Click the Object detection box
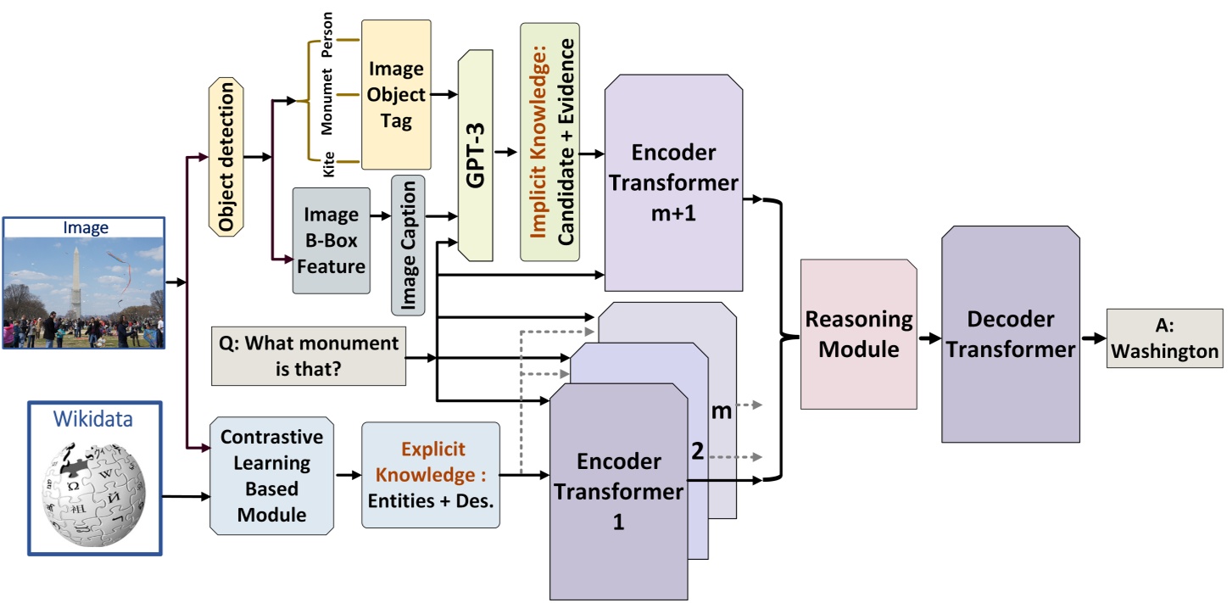[226, 158]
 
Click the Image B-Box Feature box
[332, 241]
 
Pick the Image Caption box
[408, 245]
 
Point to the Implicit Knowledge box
[549, 142]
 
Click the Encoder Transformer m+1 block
[673, 182]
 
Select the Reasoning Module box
[858, 334]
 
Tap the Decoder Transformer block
[1010, 333]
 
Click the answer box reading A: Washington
[1164, 338]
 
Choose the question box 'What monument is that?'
[308, 356]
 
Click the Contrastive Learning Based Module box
[271, 475]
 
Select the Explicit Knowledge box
[431, 475]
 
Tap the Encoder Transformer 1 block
[618, 492]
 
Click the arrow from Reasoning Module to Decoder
[929, 337]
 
